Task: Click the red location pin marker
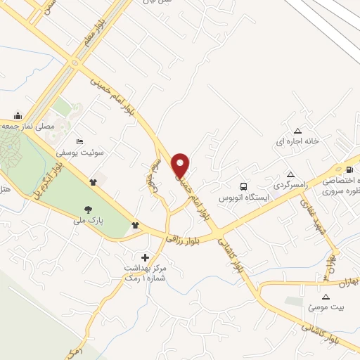[181, 165]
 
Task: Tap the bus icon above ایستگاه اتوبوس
[243, 186]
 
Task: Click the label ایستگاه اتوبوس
[244, 198]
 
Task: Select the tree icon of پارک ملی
[88, 209]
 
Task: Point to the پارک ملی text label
[90, 220]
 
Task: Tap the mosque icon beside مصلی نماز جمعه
[18, 115]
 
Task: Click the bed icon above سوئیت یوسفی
[79, 141]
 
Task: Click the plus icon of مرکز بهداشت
[145, 257]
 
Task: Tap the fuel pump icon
[349, 169]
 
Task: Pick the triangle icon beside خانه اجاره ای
[297, 131]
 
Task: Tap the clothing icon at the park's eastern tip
[135, 226]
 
